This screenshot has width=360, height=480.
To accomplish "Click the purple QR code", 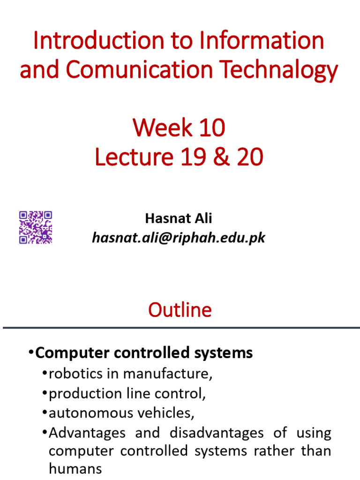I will [x=35, y=227].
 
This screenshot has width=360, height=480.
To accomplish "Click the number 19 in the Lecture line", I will [x=193, y=158].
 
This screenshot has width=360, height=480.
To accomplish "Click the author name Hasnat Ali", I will [x=179, y=218].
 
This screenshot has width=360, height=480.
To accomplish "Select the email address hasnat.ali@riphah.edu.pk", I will [x=179, y=238].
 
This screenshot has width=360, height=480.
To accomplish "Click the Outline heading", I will [x=180, y=310].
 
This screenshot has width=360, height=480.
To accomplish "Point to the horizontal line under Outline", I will [x=180, y=327].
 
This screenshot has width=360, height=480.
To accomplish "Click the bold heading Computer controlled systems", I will [x=144, y=352].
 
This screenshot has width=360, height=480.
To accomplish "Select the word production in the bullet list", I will [x=80, y=393].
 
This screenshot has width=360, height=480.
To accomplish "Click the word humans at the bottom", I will [x=75, y=469].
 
